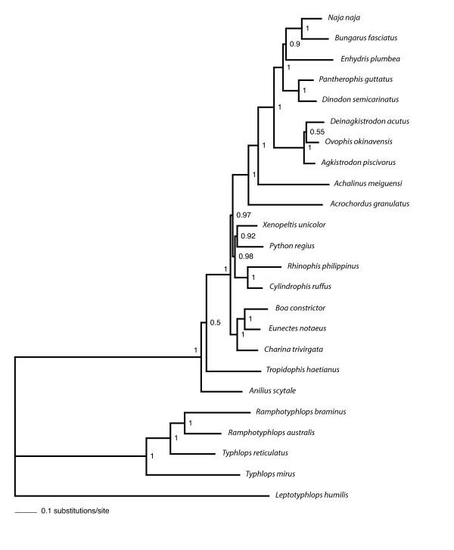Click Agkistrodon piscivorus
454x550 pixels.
tap(359, 162)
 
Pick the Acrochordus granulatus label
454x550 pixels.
tap(370, 204)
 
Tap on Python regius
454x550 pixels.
tap(291, 245)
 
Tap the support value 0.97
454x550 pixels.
tap(244, 216)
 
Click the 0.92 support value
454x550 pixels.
tap(248, 236)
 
